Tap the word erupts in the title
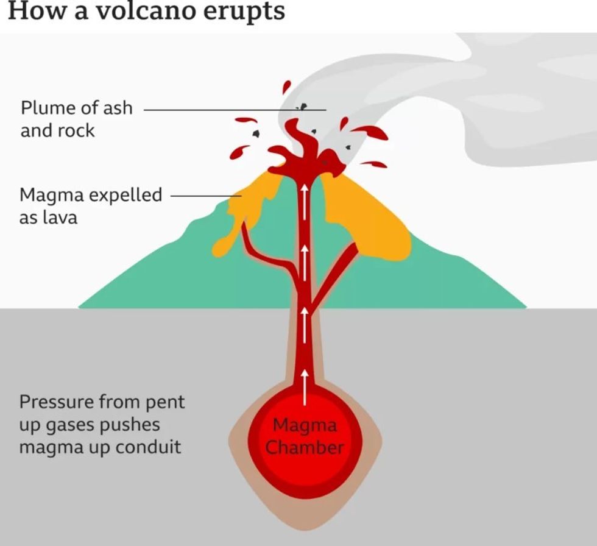coord(242,12)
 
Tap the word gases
coord(76,425)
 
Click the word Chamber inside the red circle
coord(305,448)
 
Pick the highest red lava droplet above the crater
coord(286,87)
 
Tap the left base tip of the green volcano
coord(80,307)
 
